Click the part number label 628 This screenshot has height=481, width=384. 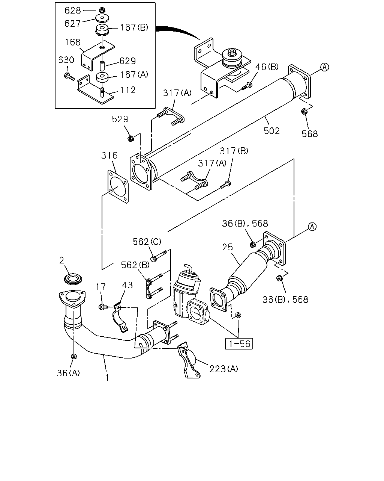coord(72,10)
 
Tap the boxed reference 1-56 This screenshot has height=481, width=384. coord(239,344)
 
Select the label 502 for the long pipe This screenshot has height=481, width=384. coord(271,131)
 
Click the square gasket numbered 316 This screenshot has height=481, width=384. coord(118,186)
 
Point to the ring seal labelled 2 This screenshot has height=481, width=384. coord(73,279)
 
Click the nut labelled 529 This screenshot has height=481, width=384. coord(131,139)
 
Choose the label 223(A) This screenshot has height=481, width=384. coord(223,369)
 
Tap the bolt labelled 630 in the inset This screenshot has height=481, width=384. coord(69,76)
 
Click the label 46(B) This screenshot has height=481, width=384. coord(267,67)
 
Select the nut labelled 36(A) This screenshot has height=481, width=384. coord(73,356)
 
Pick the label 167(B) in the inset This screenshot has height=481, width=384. coord(134,27)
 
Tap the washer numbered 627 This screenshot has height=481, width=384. coord(102,18)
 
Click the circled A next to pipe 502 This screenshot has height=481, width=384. coord(324,67)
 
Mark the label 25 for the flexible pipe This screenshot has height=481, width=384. coord(227,247)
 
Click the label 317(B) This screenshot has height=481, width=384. coord(234,151)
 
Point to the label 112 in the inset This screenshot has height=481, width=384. coord(128,90)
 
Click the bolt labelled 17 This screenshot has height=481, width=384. coord(103,307)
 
